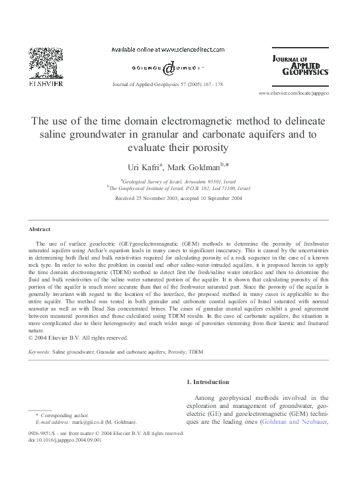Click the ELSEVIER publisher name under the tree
(44, 85)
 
